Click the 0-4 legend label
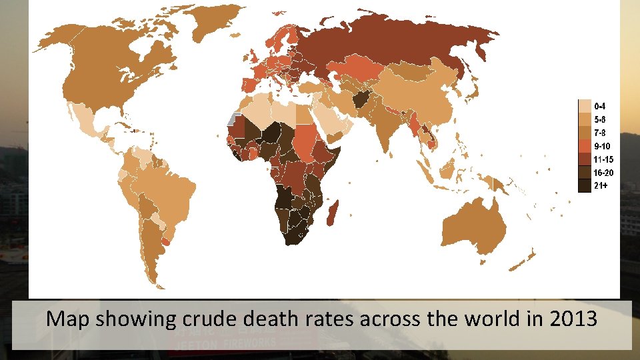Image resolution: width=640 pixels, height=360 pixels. coord(599,106)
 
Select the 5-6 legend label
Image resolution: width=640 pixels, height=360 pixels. coord(599,120)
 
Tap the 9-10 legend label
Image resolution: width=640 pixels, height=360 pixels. coord(601,146)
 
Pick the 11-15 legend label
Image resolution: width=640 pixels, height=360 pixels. coord(603,159)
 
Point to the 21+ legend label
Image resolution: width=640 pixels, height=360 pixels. coord(600,185)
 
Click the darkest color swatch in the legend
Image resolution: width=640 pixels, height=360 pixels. coord(584,185)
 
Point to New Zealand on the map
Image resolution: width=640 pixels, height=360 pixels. coord(523,260)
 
